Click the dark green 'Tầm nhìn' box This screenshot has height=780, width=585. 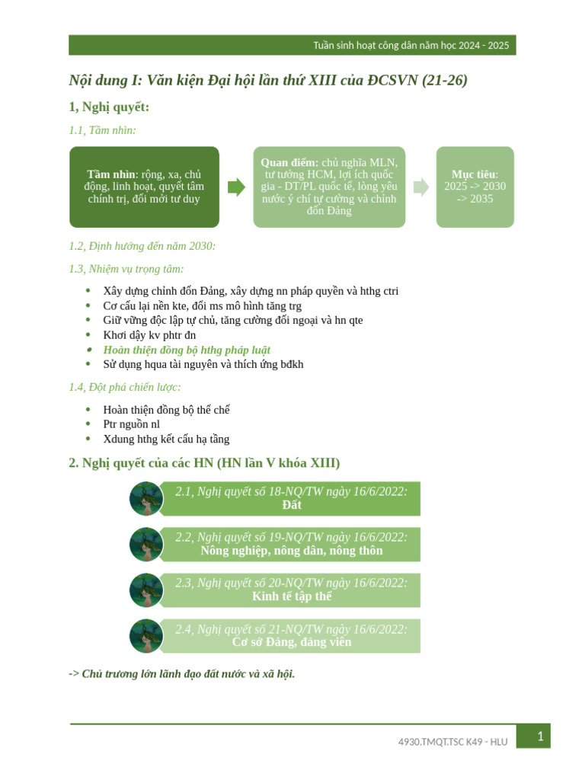coord(144,187)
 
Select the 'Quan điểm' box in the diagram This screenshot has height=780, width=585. coord(329,187)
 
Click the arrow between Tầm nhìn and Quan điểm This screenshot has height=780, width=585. coord(236,187)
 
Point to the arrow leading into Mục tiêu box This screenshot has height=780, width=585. coord(420,187)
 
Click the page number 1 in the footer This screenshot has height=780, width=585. coord(539,736)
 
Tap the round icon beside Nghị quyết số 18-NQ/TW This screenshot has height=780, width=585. coord(146,499)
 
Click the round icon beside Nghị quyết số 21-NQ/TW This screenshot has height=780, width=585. coord(146,636)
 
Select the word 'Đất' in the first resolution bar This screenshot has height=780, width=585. coord(292,505)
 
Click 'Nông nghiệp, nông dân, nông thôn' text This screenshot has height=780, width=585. coord(292,551)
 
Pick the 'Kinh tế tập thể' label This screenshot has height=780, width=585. coord(292,596)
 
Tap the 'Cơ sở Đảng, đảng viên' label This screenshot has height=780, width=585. coord(292,642)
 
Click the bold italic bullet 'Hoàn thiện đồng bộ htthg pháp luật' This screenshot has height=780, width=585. coord(187,350)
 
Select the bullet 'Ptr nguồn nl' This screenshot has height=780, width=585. coord(131,424)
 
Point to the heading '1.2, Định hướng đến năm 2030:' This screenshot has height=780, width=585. coord(142,246)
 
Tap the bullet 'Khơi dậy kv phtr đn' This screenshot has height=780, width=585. coord(149,335)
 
